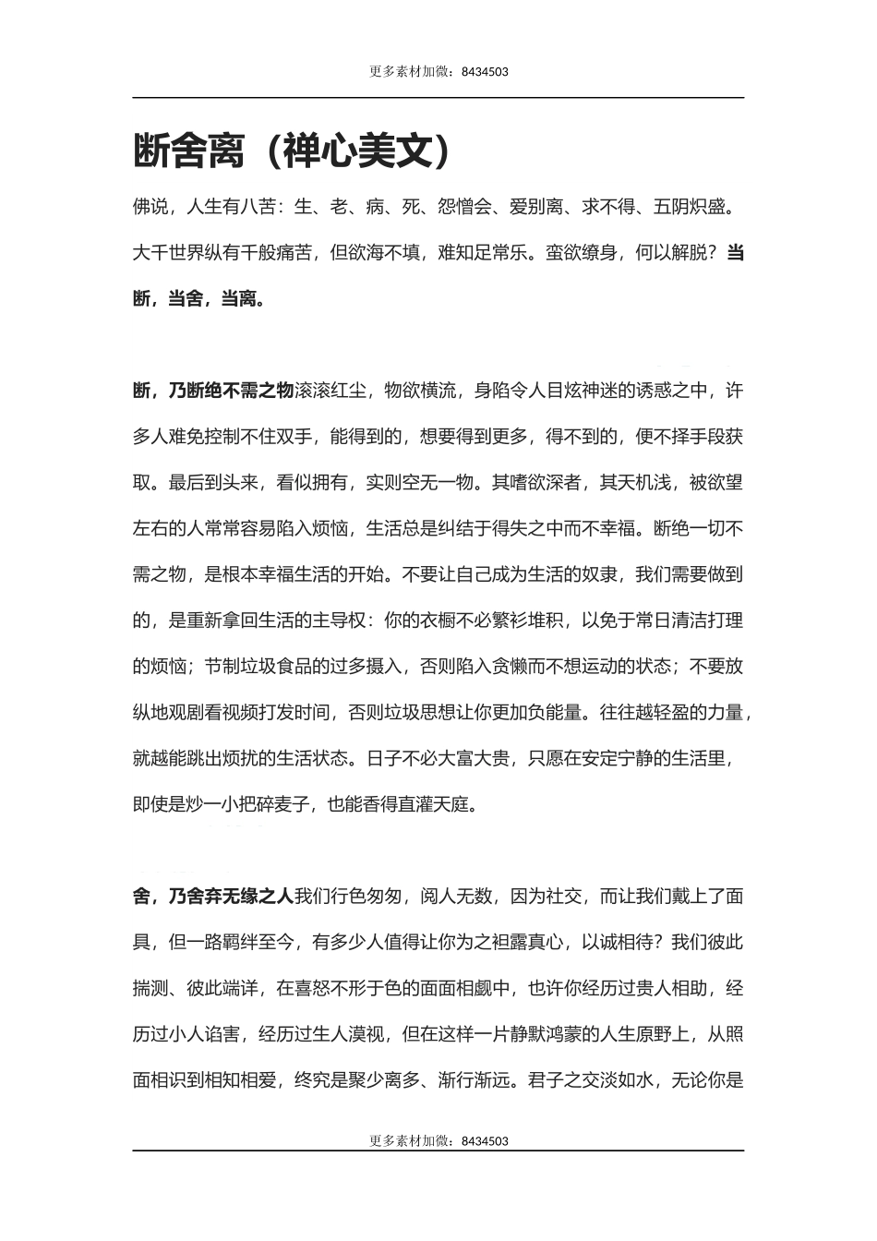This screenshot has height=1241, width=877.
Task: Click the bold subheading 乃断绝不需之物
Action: pos(231,391)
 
